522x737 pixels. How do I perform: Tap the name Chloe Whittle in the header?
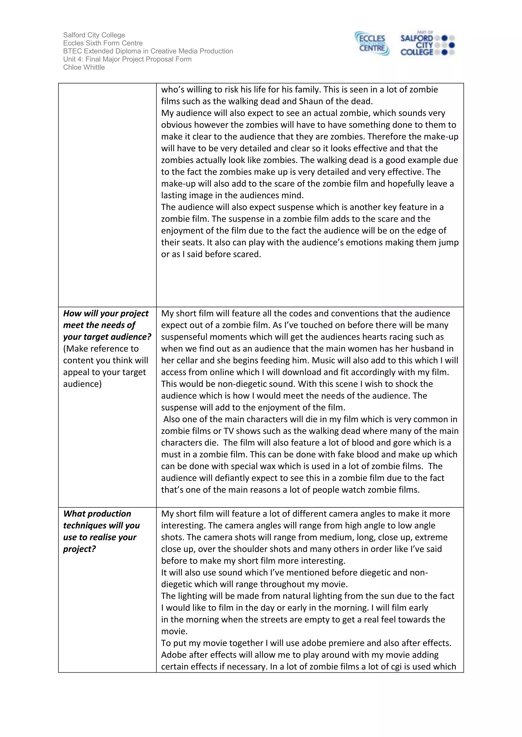tap(84, 67)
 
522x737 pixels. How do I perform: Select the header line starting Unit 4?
tap(127, 59)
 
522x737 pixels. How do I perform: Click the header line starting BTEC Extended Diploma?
tap(148, 51)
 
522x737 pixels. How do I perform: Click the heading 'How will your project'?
tap(106, 313)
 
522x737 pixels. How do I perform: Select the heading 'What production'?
tap(97, 514)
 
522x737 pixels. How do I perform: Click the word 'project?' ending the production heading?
tap(79, 549)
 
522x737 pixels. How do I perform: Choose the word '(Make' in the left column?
tap(75, 349)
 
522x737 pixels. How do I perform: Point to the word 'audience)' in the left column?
tap(82, 384)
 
